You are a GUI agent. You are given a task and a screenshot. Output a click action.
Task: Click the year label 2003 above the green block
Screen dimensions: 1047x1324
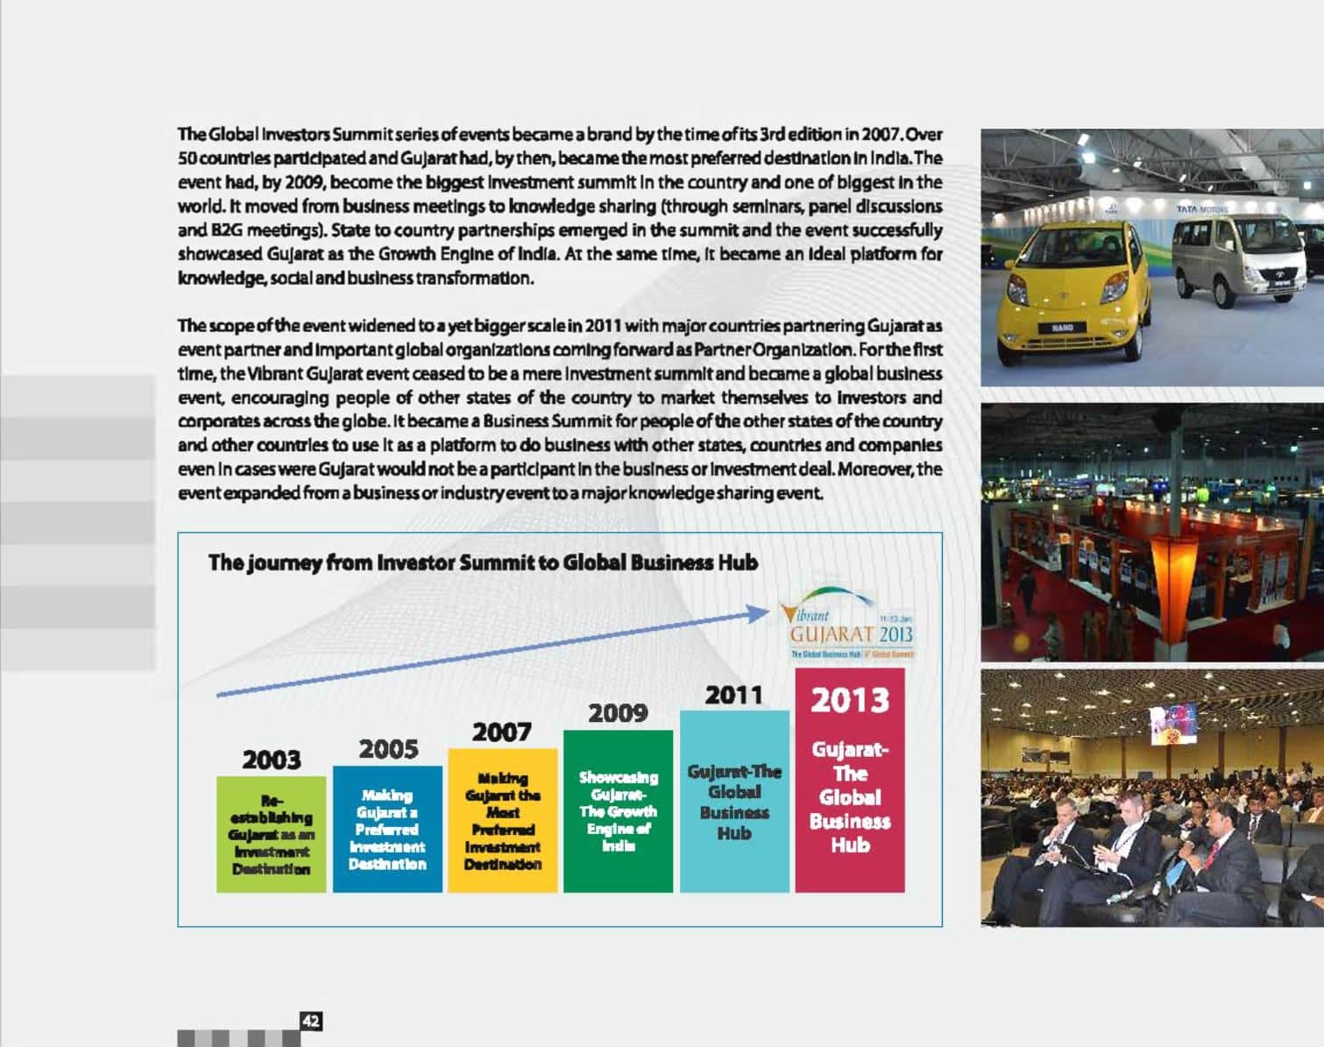click(x=271, y=760)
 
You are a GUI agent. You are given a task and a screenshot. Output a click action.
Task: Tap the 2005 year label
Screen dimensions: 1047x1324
click(x=387, y=749)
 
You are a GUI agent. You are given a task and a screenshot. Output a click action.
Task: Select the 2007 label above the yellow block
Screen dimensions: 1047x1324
click(x=502, y=732)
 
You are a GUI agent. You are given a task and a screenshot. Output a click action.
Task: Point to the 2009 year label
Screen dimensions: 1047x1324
click(x=618, y=713)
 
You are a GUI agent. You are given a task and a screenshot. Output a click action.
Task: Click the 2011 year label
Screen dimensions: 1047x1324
click(x=734, y=695)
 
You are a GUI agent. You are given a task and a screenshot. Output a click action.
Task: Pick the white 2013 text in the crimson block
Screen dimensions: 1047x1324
click(x=850, y=700)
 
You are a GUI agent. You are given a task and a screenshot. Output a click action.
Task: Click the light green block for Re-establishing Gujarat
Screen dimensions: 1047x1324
click(x=271, y=833)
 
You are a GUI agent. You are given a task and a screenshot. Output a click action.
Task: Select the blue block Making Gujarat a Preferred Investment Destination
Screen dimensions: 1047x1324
click(x=387, y=829)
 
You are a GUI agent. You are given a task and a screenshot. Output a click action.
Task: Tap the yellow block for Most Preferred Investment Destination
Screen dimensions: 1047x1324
click(x=502, y=820)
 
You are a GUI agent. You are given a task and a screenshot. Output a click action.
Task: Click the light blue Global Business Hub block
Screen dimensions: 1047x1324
click(x=734, y=802)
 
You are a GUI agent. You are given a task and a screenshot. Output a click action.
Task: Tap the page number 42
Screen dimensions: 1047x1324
click(x=310, y=1021)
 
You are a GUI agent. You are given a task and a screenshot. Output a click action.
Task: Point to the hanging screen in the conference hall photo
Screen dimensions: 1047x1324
click(x=1173, y=723)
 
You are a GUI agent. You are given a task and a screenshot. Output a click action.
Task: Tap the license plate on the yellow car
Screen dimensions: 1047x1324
click(x=1062, y=327)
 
